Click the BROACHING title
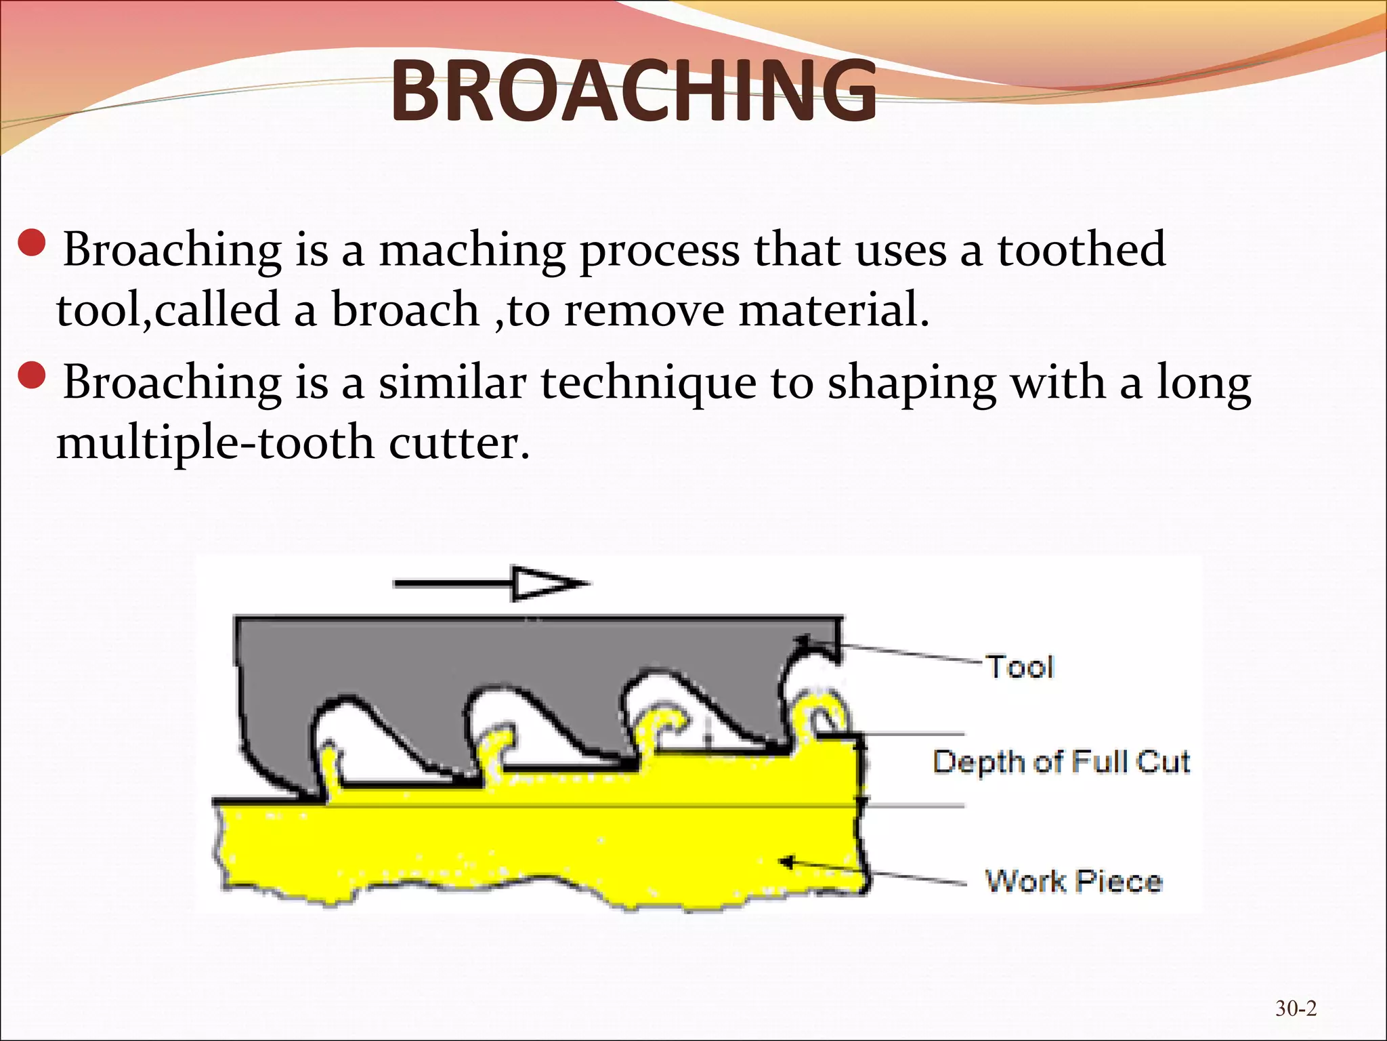pyautogui.click(x=633, y=91)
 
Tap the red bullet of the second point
pyautogui.click(x=32, y=375)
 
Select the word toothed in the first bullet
pyautogui.click(x=1082, y=249)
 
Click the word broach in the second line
pyautogui.click(x=405, y=310)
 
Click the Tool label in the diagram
pyautogui.click(x=1020, y=668)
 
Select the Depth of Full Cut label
pyautogui.click(x=1061, y=762)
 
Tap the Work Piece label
pyautogui.click(x=1073, y=882)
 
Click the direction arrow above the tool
pyautogui.click(x=490, y=583)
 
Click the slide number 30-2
pyautogui.click(x=1296, y=1008)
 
